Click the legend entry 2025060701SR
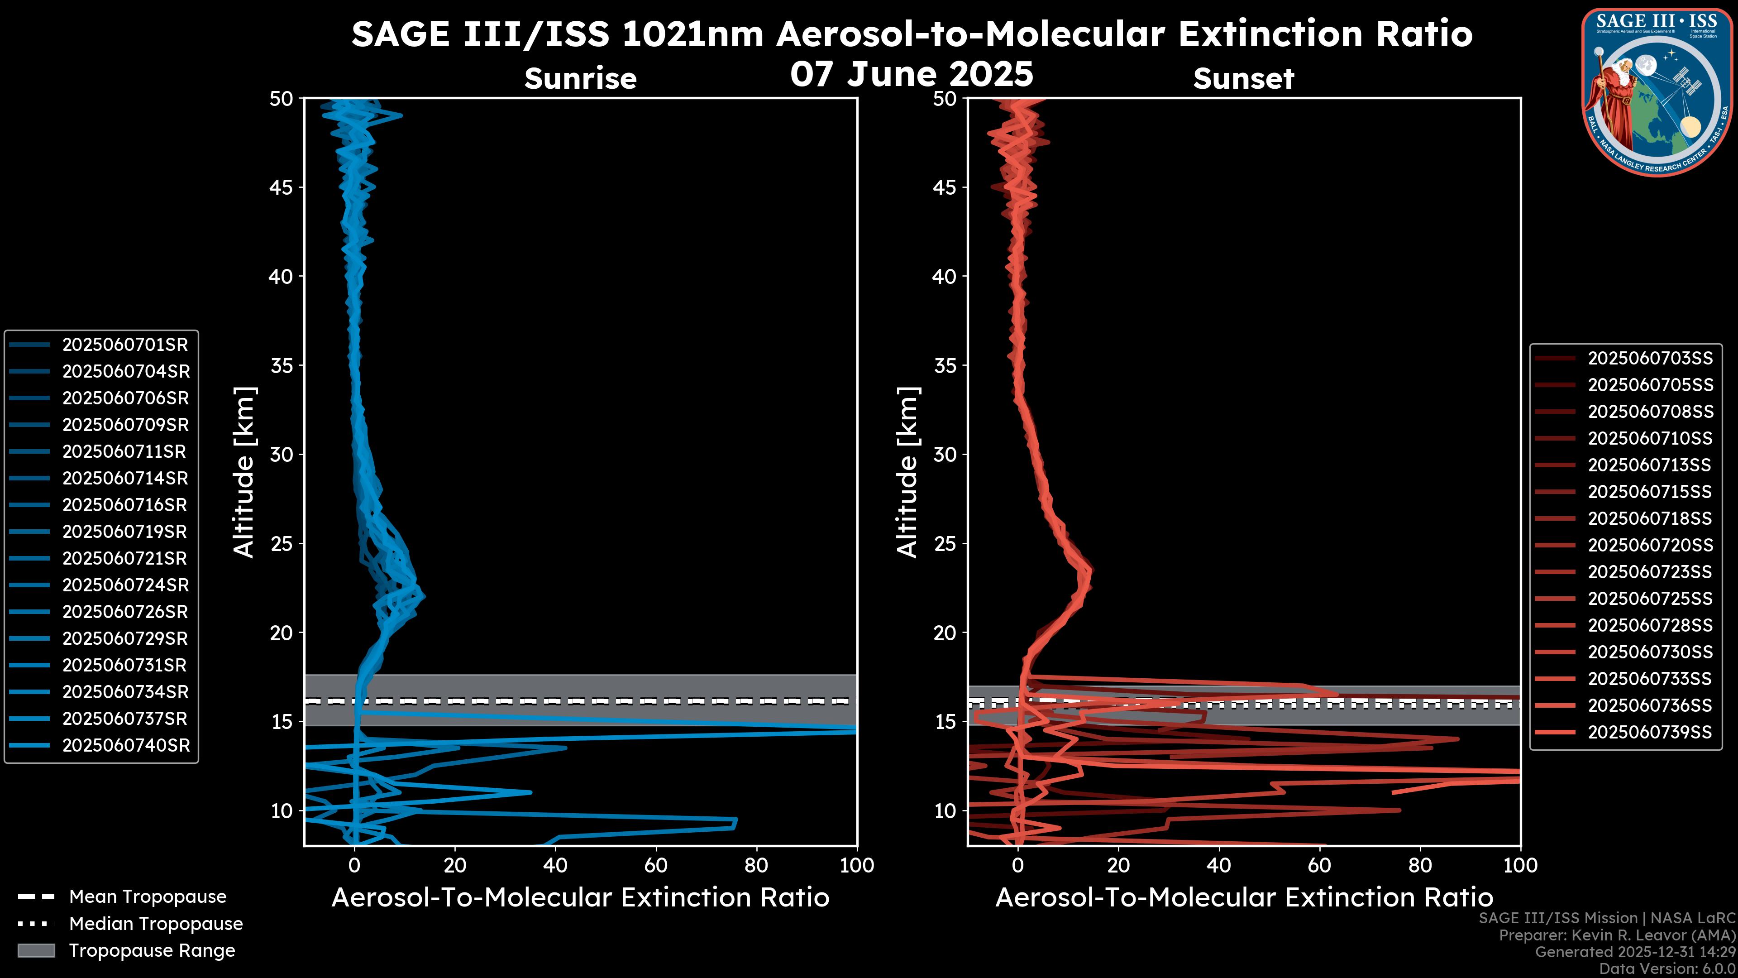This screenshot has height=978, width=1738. [x=125, y=345]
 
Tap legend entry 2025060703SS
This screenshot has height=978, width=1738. [x=1650, y=359]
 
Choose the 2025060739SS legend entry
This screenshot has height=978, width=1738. [x=1650, y=732]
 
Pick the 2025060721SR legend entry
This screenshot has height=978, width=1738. [x=125, y=559]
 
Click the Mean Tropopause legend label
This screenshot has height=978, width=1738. [x=148, y=897]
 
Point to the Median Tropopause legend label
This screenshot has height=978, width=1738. [x=156, y=924]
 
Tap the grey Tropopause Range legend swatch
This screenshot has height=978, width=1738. [x=36, y=950]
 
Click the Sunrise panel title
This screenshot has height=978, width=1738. [x=580, y=79]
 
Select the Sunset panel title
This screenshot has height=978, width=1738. [x=1243, y=79]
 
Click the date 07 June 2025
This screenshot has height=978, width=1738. [x=912, y=74]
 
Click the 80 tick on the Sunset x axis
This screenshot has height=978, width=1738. [x=1420, y=865]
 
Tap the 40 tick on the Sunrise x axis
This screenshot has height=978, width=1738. [x=555, y=865]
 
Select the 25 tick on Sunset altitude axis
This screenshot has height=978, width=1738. [x=945, y=544]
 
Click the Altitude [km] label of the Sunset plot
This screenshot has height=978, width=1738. [x=907, y=472]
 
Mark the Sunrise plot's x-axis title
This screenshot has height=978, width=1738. [x=580, y=898]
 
